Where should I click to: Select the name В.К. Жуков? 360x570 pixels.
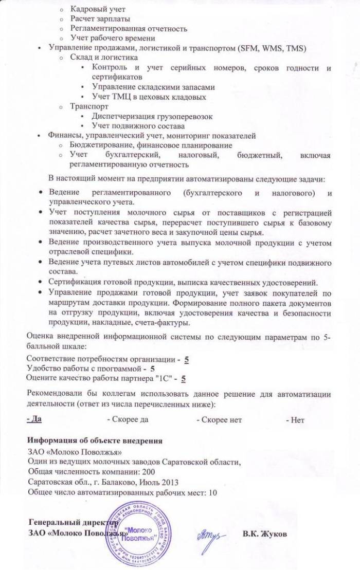265,534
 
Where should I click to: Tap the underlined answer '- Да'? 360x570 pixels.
34,419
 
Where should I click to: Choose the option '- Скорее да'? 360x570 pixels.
128,419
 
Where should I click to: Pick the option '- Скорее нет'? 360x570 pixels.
219,419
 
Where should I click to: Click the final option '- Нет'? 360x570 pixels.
295,419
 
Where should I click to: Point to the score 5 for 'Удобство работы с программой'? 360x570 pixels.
153,369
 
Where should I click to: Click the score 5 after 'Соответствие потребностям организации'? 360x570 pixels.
187,359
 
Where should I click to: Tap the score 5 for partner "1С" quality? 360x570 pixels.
183,378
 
